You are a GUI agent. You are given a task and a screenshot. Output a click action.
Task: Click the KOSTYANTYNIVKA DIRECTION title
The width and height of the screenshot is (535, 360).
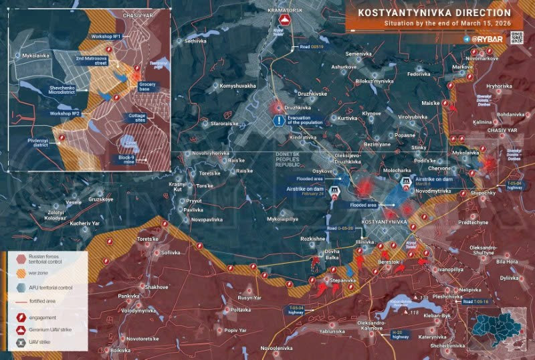coord(434,12)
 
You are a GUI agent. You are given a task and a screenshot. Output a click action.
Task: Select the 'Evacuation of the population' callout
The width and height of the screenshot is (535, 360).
coord(304,120)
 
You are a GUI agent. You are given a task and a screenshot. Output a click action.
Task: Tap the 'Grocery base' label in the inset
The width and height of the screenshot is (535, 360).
coord(148,86)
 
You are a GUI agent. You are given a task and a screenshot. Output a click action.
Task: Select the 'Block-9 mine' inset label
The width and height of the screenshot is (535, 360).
coord(126,159)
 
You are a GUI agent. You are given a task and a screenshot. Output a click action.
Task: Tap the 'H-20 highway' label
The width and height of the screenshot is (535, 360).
coord(401,334)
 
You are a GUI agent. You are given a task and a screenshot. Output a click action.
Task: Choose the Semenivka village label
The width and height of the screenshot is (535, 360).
coord(359,54)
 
